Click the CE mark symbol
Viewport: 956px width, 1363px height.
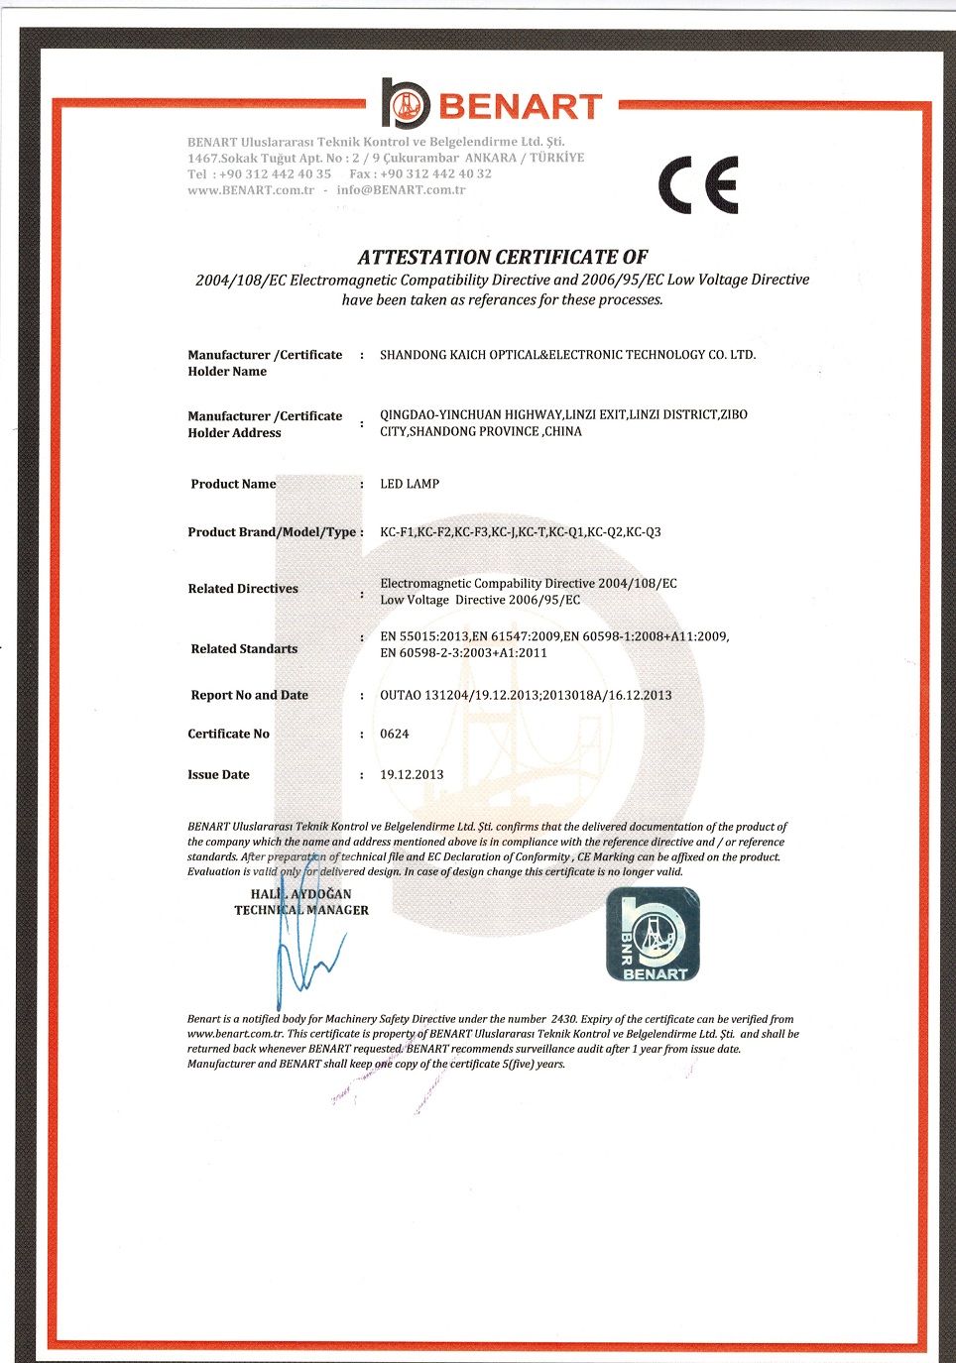(x=698, y=185)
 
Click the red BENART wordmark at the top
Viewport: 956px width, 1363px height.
(x=520, y=106)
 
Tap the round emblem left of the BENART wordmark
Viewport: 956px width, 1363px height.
(x=406, y=104)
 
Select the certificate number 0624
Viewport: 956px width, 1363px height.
(x=395, y=735)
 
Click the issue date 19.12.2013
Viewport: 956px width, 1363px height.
(x=412, y=775)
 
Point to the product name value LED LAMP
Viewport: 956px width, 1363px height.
(x=410, y=485)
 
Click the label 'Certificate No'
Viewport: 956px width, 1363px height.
(x=228, y=735)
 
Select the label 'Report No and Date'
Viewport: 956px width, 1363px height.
(x=249, y=696)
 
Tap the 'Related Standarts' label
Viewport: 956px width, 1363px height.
(x=244, y=649)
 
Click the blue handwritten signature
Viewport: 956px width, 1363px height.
(x=302, y=957)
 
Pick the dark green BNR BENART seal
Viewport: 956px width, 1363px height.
(x=653, y=935)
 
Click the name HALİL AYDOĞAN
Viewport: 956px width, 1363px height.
(x=300, y=894)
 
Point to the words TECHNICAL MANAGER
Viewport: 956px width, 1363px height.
(x=301, y=910)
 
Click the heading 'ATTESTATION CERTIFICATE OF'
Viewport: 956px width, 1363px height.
(x=502, y=258)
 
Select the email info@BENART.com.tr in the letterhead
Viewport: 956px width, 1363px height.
(x=401, y=190)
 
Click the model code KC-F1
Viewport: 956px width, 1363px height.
(x=397, y=532)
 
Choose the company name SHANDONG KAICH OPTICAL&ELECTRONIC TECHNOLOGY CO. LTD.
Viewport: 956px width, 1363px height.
(x=567, y=355)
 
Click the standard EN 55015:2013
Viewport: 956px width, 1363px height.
(x=424, y=636)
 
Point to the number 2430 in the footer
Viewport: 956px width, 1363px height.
(x=563, y=1019)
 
